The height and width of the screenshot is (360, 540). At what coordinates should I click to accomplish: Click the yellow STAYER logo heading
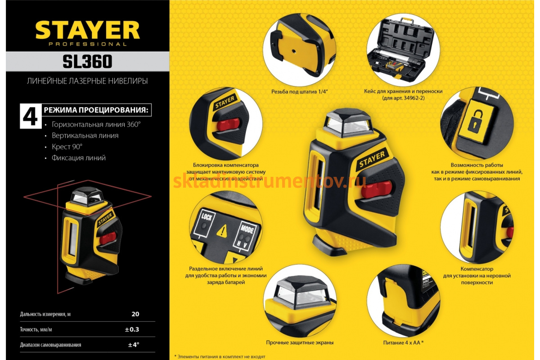pos(87,30)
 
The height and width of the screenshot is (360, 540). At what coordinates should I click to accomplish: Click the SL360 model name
pos(87,62)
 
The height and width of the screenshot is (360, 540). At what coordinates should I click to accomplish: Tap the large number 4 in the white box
pos(31,116)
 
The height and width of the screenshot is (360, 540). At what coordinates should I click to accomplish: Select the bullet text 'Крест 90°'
pos(67,147)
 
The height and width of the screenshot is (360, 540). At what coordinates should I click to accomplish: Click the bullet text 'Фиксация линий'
pos(79,158)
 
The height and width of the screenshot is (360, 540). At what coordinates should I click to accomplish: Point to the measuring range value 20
pos(135,314)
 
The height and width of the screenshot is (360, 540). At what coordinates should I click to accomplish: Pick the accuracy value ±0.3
pos(132,329)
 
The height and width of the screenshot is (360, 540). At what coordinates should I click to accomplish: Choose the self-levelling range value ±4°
pos(134,345)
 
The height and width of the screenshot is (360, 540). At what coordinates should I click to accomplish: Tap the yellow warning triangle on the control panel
pos(222,231)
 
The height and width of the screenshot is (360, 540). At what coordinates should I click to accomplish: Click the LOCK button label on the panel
pos(207,217)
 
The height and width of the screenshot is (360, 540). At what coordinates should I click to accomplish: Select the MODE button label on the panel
pos(247,229)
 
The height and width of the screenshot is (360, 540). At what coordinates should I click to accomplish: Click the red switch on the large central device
pos(377,189)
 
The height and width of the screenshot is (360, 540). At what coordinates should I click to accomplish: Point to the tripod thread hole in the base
pos(293,51)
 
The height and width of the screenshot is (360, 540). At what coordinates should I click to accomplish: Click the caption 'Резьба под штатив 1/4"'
pos(300,92)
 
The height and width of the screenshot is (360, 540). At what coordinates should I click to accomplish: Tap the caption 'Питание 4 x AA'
pos(403,342)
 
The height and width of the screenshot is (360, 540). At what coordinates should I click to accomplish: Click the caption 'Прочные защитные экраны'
pos(300,342)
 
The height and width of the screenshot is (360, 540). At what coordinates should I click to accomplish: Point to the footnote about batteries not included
pos(220,356)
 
